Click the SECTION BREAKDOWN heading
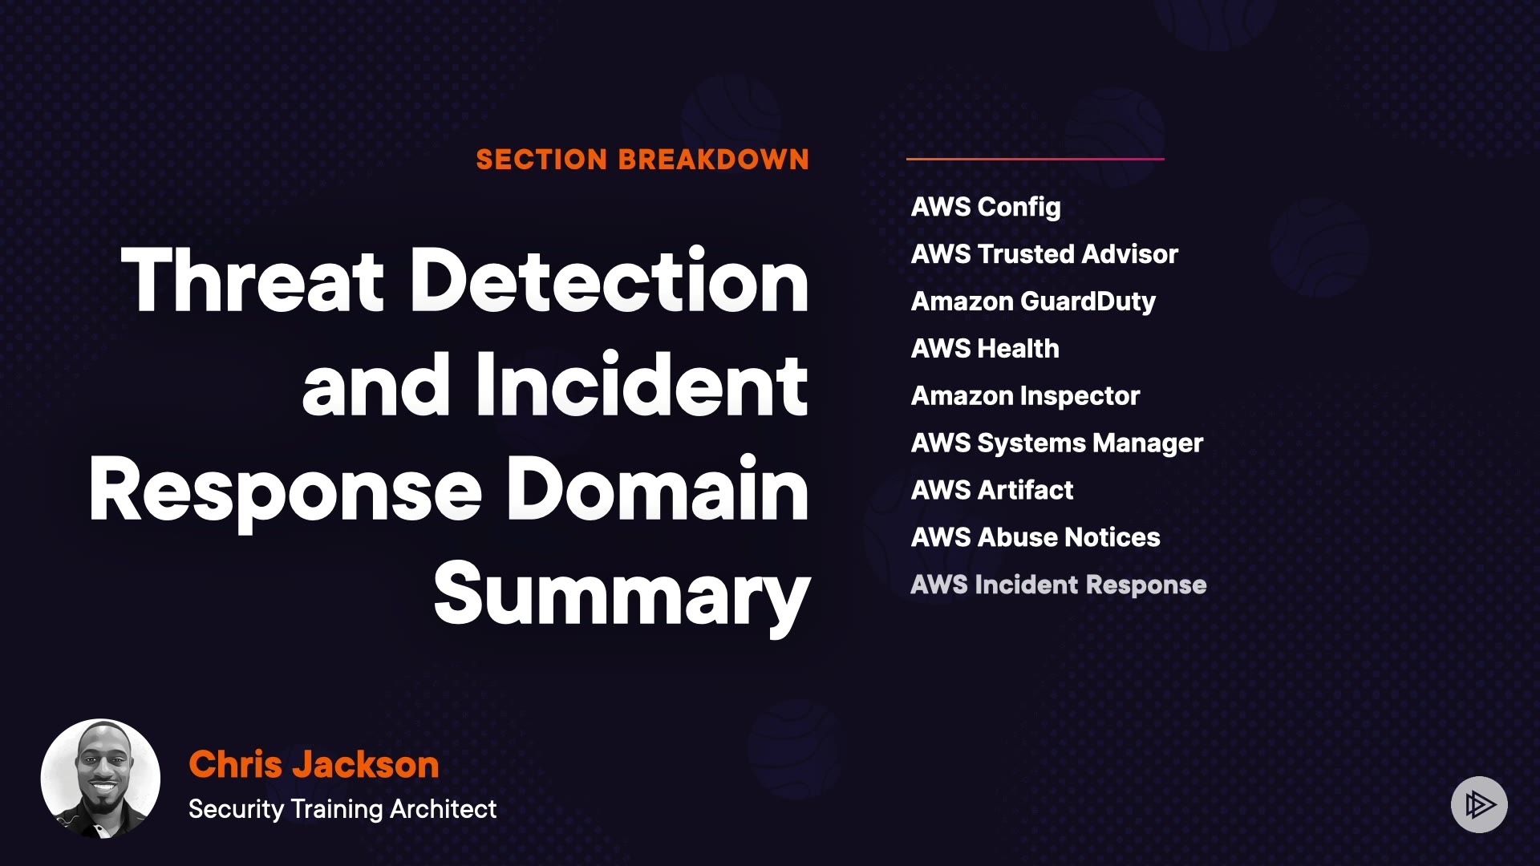[x=642, y=160]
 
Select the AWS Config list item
[x=986, y=207]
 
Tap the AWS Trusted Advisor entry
[x=1044, y=254]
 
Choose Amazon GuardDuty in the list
[x=1033, y=301]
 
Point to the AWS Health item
[x=985, y=349]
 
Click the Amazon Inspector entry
[x=1025, y=396]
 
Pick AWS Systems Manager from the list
[x=1056, y=443]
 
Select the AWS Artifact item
[x=991, y=490]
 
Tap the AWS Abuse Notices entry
[x=1035, y=537]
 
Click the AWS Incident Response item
[x=1058, y=585]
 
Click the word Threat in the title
[x=253, y=281]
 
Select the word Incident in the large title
[x=642, y=386]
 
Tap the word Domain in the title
[x=657, y=490]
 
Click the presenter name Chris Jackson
[x=314, y=764]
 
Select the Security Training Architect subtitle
[x=342, y=809]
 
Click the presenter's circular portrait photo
[x=100, y=779]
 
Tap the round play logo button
[x=1479, y=804]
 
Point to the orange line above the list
[x=1035, y=159]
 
